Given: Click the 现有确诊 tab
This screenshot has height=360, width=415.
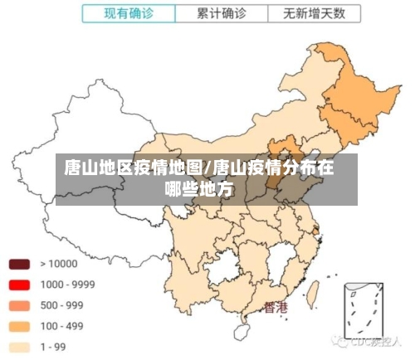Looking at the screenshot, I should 128,13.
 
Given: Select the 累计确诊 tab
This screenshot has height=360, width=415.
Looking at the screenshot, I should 221,13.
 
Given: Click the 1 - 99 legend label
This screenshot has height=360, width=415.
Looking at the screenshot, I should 53,347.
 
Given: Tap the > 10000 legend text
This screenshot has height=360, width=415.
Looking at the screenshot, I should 58,265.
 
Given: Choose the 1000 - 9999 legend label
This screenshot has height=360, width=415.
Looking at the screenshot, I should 66,285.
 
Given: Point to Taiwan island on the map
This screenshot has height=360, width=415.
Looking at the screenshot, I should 314,292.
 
